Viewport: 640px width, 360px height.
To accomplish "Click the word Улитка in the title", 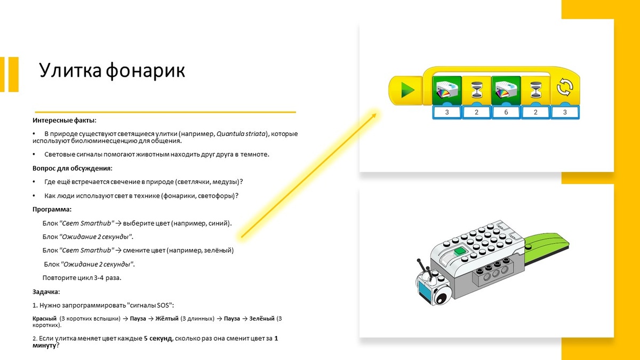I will (70, 70).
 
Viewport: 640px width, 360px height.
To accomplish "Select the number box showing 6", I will (506, 112).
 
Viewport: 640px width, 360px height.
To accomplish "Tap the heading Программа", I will (52, 209).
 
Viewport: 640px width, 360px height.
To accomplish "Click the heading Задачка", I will (46, 292).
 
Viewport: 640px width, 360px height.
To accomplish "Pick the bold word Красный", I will (45, 318).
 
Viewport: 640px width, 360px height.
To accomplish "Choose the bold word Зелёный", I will (260, 318).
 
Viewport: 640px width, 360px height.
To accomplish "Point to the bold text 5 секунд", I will (157, 338).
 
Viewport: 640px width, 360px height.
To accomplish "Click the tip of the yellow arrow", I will (375, 113).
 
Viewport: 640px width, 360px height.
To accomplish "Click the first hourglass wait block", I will (476, 89).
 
